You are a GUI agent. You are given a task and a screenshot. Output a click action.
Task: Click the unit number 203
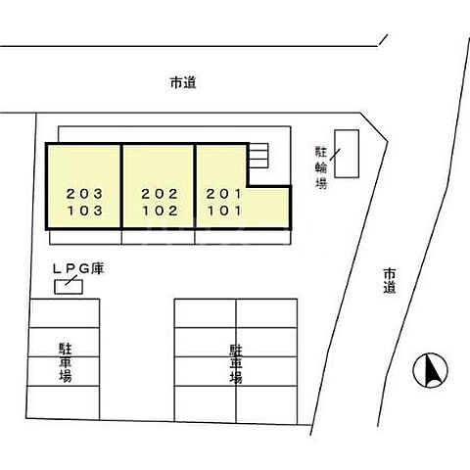84,193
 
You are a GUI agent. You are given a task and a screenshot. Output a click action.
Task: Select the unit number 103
84,210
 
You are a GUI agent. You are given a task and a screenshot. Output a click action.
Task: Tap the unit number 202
159,193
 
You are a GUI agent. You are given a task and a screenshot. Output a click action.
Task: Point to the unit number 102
159,210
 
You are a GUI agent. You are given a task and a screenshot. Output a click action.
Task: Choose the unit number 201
224,193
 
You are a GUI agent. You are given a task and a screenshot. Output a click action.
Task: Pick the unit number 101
224,210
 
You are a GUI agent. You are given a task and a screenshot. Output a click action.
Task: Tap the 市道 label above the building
182,85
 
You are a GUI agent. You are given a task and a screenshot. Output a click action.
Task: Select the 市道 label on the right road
389,281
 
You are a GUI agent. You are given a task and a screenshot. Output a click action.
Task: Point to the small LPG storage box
69,286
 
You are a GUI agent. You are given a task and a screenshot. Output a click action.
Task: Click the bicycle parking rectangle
346,154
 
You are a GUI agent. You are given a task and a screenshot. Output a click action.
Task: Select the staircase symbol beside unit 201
258,157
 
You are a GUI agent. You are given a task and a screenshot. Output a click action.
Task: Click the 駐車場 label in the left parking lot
66,363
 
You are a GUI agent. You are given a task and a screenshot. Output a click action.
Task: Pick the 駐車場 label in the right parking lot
236,363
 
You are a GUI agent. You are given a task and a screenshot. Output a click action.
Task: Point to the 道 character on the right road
389,289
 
